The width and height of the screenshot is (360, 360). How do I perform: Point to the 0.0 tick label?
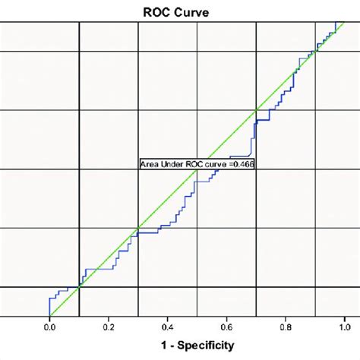click(49, 327)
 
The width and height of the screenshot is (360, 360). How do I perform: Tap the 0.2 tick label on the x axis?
click(109, 327)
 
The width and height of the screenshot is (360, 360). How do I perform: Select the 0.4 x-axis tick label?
click(168, 327)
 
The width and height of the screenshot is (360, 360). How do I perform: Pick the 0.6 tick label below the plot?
click(227, 327)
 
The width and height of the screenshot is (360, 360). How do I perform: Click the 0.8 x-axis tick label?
click(286, 327)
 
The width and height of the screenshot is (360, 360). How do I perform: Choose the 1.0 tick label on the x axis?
click(345, 327)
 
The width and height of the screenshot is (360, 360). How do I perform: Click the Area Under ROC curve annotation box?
click(196, 163)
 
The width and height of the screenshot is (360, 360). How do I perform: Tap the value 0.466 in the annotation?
click(241, 163)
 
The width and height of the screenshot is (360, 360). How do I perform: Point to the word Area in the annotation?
click(149, 163)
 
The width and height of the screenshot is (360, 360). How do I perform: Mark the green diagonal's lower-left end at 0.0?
click(50, 315)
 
